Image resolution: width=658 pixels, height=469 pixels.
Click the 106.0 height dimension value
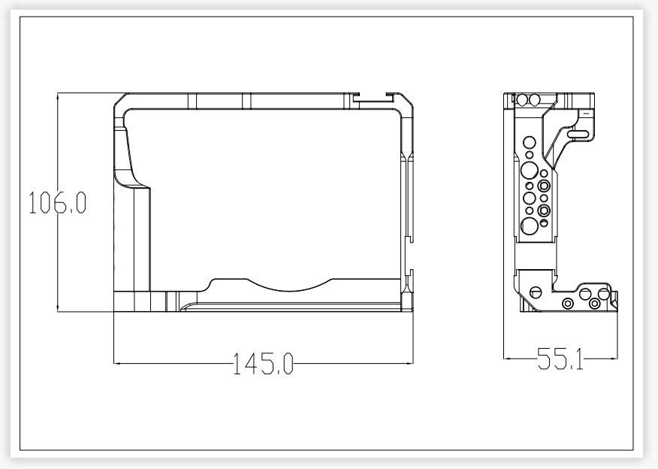click(x=58, y=202)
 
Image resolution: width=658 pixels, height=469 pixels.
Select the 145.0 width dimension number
click(x=263, y=364)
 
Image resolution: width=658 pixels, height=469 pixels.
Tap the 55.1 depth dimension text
click(x=560, y=359)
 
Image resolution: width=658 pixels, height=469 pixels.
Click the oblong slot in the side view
click(x=579, y=134)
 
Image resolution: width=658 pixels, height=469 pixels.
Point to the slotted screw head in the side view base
click(x=536, y=292)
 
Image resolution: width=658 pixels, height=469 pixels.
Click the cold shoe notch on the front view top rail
click(x=373, y=98)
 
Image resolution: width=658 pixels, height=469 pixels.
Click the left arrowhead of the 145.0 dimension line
click(x=117, y=363)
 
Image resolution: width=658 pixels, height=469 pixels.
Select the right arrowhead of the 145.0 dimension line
click(x=409, y=363)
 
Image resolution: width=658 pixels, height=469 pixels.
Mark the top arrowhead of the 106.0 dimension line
click(x=58, y=96)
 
